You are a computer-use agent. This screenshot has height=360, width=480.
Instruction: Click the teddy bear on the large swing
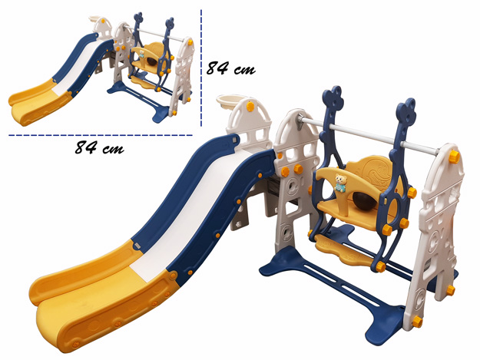(x=340, y=183)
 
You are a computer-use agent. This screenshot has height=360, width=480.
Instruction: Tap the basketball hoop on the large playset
(x=230, y=103)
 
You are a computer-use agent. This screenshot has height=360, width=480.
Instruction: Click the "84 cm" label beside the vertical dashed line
(x=230, y=68)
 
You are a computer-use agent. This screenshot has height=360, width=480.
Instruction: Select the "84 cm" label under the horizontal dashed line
(x=100, y=147)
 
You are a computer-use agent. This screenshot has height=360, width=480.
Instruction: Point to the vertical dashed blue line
(x=201, y=68)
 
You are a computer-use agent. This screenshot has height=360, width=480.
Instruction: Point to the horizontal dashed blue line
(x=101, y=135)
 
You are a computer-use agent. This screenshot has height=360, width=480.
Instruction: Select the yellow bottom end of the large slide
(x=101, y=294)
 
